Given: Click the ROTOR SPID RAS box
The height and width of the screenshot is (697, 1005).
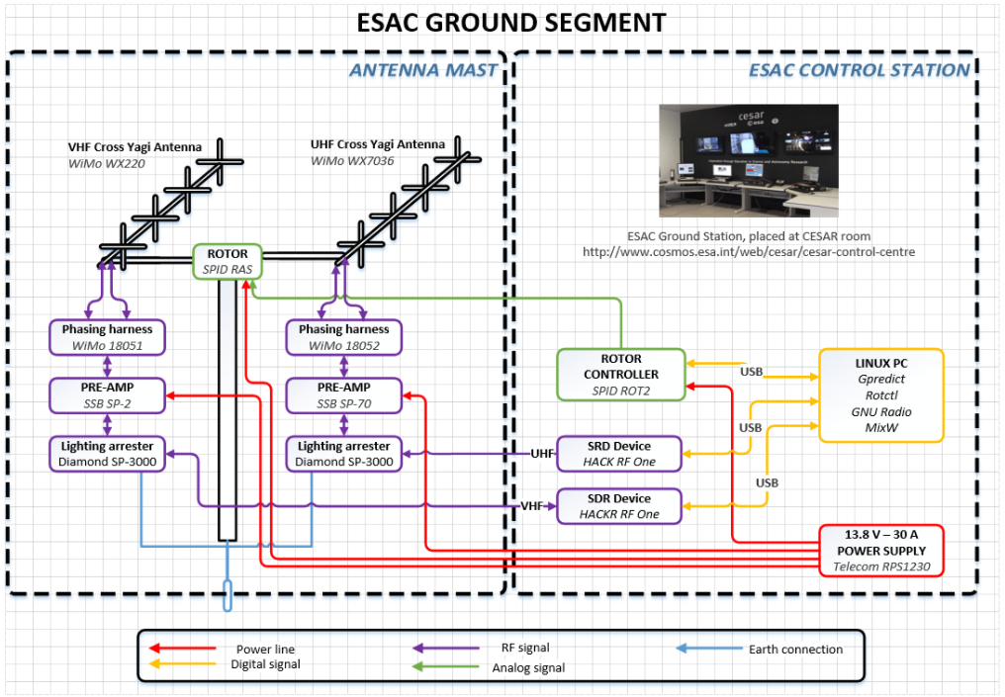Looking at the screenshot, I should click(x=227, y=261).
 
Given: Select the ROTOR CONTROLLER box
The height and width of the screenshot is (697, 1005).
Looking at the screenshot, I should click(x=620, y=374).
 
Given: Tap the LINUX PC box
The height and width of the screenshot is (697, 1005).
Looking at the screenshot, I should click(x=880, y=393).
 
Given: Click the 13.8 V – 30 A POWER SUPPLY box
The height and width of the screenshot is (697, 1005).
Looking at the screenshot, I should click(x=881, y=550).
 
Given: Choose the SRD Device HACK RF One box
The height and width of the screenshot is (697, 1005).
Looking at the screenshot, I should click(x=619, y=454).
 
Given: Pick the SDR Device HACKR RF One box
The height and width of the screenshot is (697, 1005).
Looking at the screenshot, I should click(x=619, y=506).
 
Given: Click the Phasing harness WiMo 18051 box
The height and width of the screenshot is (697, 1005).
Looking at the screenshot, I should click(x=108, y=337).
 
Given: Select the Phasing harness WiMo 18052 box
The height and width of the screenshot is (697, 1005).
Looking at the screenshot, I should click(x=344, y=337).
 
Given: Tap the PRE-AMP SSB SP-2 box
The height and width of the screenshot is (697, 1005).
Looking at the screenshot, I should click(x=108, y=395).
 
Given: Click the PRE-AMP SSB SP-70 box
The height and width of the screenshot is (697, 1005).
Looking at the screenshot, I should click(x=344, y=395).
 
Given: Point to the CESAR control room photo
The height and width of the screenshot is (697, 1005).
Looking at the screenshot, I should click(x=748, y=160).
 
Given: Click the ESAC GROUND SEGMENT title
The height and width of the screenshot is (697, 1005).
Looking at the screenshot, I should click(x=502, y=22).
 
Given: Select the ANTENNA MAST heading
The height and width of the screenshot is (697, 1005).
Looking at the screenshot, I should click(x=422, y=70).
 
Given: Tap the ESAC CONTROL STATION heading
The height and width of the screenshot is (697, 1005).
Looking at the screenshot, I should click(x=859, y=70).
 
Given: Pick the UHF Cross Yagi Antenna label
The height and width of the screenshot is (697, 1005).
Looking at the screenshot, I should click(x=378, y=144).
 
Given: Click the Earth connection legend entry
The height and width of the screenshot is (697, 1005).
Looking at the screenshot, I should click(x=796, y=650).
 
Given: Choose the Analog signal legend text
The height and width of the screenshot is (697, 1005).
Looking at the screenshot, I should click(x=528, y=668).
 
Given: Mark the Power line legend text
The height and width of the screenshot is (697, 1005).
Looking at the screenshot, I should click(x=265, y=650).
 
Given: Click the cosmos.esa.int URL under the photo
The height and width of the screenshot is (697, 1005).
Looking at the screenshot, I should click(x=749, y=252).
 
